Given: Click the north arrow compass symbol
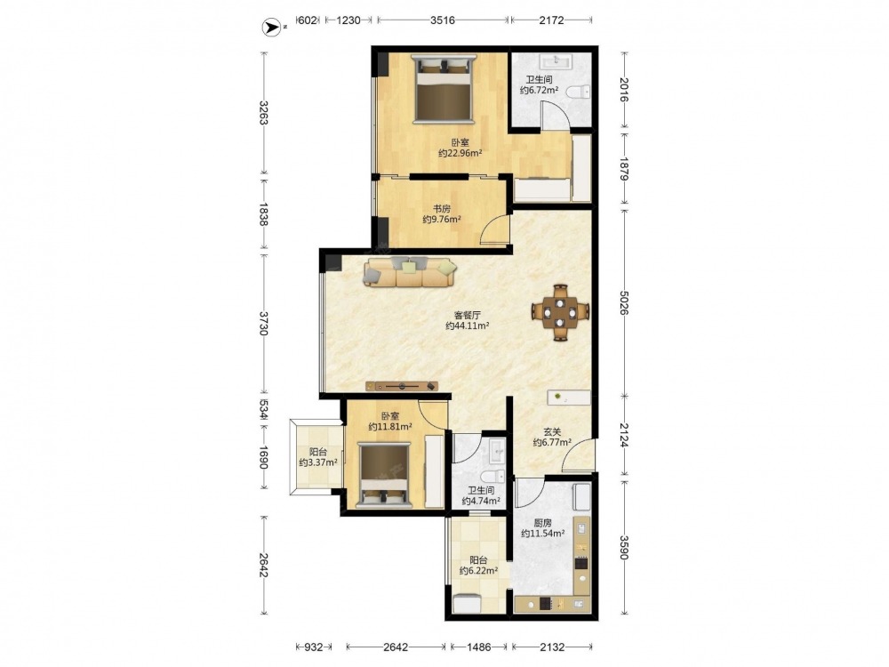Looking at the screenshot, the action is point(271,27).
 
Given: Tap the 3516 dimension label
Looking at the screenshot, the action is point(442,20).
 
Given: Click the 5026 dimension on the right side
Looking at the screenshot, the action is point(624,303).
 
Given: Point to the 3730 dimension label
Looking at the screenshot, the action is point(264,324).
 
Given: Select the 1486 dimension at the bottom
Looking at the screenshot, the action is point(478,647).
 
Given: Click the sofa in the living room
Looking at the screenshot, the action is point(411,271).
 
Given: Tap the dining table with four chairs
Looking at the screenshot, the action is point(560,312).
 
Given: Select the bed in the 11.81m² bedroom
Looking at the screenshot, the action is point(384,474).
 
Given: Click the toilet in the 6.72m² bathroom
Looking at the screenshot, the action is point(578,92).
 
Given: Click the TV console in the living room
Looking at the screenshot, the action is point(402,386).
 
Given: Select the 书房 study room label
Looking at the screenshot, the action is point(442,209).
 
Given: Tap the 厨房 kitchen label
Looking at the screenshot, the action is point(542,523).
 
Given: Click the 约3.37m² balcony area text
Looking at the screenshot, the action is point(318,462).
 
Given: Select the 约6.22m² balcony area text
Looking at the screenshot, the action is point(478,571).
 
